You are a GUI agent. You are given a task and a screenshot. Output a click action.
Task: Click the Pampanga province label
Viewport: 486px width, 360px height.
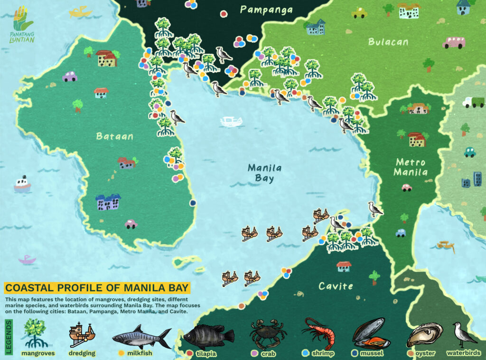click(x=266, y=10)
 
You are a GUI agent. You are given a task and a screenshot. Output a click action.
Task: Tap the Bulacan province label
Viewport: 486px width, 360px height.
click(x=388, y=42)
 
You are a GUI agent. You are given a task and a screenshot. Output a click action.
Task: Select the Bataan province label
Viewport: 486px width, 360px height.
click(x=114, y=137)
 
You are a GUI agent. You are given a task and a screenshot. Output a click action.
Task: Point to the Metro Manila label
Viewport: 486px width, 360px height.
click(x=411, y=167)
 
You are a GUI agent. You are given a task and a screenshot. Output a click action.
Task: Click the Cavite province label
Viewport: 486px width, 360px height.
click(x=336, y=286)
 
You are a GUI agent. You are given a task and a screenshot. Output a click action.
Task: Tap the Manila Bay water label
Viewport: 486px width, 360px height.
click(x=264, y=173)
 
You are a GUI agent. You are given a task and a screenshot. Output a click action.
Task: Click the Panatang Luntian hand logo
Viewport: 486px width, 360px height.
click(x=22, y=19)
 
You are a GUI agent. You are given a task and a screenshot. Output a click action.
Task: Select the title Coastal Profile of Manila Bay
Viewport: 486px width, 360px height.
click(x=97, y=288)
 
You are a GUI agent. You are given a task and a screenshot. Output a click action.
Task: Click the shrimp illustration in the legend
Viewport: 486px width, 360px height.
click(x=319, y=332)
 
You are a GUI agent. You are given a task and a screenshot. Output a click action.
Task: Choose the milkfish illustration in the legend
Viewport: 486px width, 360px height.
click(x=141, y=337)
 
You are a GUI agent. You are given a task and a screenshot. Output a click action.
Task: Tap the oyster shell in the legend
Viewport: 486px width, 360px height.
click(x=424, y=334)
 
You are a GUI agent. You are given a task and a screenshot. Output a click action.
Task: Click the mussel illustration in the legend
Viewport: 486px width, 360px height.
click(x=371, y=334)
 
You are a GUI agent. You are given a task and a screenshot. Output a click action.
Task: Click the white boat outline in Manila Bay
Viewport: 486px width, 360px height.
click(x=231, y=121)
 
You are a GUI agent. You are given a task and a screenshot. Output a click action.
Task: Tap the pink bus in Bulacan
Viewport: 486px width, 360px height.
click(x=454, y=43)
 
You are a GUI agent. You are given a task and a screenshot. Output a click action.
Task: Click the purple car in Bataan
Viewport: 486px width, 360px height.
click(x=70, y=76)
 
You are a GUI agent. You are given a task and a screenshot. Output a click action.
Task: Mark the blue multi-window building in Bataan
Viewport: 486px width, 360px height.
click(x=108, y=202)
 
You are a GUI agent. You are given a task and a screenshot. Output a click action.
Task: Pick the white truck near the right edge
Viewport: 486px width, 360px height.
click(x=473, y=102)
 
